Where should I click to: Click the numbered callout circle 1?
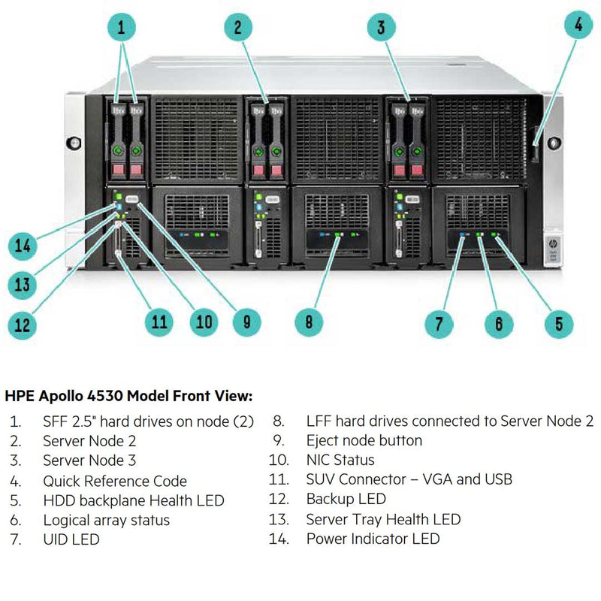pos(121,29)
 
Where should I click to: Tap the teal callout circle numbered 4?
pos(577,24)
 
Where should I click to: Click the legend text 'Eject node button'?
pos(364,440)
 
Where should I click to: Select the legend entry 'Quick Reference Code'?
pos(115,481)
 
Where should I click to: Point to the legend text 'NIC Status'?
pos(340,460)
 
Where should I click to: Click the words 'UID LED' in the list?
pos(71,539)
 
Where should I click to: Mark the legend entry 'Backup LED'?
pos(346,499)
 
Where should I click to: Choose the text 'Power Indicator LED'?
pos(373,539)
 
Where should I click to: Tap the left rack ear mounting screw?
pos(73,142)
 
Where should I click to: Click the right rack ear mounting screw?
pos(554,142)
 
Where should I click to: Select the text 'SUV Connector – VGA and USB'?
pos(409,479)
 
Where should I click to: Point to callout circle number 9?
pos(247,322)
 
